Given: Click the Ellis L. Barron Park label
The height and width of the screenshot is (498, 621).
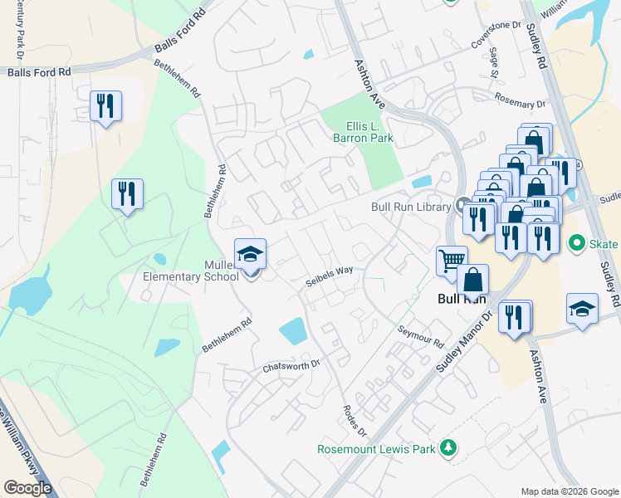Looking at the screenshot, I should (363, 133).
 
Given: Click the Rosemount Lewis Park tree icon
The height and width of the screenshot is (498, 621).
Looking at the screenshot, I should (448, 447).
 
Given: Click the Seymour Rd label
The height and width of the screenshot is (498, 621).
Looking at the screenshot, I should (421, 337).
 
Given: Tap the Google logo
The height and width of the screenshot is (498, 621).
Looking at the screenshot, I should (27, 487).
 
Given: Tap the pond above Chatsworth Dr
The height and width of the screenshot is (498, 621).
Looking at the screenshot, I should (294, 330).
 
